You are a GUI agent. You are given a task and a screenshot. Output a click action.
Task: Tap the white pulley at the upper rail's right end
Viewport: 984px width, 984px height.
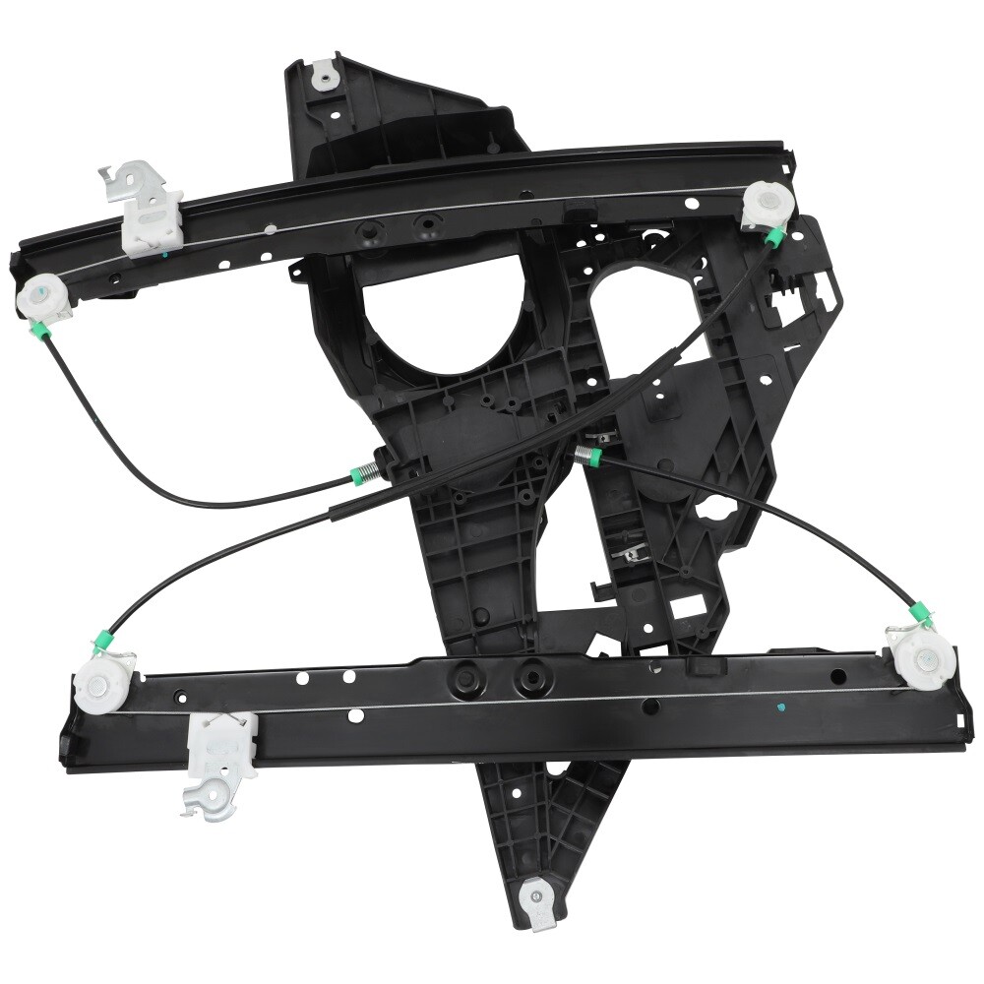[x=769, y=204]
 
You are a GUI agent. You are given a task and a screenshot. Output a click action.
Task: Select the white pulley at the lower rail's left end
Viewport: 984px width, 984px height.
[x=100, y=682]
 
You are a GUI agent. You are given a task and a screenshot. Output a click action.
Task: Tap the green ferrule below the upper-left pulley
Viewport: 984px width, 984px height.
[x=41, y=329]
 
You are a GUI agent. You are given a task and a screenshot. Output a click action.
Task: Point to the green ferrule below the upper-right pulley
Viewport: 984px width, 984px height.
[x=774, y=236]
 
